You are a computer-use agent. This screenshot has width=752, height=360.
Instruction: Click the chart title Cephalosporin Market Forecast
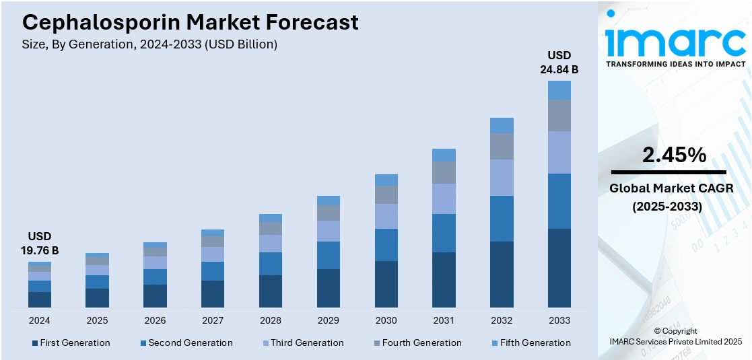coord(191,22)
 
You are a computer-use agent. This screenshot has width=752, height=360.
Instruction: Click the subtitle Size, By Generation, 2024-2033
coord(149,44)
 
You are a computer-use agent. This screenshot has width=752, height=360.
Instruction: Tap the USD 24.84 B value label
coord(559,62)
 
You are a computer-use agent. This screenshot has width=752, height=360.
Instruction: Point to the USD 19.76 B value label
coord(39,243)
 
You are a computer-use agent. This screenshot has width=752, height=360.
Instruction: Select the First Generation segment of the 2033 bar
coord(559,268)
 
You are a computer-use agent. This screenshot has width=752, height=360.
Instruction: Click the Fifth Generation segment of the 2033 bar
coord(559,90)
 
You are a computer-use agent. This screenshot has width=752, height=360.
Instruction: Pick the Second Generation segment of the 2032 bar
coord(502,218)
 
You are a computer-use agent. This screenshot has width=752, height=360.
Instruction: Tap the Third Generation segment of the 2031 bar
coord(444,199)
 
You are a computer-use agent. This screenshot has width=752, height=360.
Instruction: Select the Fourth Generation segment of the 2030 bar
coord(386,194)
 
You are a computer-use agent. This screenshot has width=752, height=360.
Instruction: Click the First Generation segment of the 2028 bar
coord(270,291)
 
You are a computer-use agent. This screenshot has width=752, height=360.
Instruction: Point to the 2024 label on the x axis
coord(39,320)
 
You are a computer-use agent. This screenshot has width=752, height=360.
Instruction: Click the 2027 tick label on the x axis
coord(213,320)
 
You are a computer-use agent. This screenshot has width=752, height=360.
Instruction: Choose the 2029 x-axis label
coord(328,320)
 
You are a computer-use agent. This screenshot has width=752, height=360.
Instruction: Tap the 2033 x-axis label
coord(559,320)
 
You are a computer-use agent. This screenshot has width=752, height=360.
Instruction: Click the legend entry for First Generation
coord(71,343)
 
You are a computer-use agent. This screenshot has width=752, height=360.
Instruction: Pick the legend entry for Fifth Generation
coord(531,343)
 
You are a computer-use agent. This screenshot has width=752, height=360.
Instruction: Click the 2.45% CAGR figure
coord(674,155)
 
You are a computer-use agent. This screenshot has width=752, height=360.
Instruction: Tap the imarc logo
coord(675,42)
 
